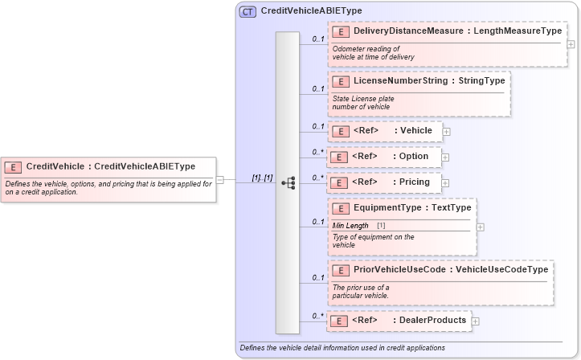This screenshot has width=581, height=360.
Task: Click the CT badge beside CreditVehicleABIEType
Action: click(248, 11)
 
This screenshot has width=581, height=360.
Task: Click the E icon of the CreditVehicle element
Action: click(13, 167)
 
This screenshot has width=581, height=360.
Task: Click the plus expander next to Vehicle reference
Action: click(446, 131)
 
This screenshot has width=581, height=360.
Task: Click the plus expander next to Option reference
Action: click(445, 157)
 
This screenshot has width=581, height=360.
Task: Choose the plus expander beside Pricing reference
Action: click(446, 183)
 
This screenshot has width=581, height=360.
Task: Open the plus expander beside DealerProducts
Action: click(475, 321)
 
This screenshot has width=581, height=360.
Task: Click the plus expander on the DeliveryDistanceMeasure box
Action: click(571, 44)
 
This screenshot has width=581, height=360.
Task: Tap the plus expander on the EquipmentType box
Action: click(481, 227)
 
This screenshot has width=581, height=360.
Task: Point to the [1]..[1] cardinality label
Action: click(262, 178)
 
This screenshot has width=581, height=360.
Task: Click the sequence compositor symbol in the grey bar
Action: click(288, 183)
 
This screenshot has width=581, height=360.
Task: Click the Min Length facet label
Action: click(350, 226)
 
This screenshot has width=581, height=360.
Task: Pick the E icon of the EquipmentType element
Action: click(340, 208)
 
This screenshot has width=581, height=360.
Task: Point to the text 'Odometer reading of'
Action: click(366, 48)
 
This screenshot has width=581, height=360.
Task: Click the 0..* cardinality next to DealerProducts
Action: click(317, 316)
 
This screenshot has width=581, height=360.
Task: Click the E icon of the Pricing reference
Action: click(340, 182)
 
